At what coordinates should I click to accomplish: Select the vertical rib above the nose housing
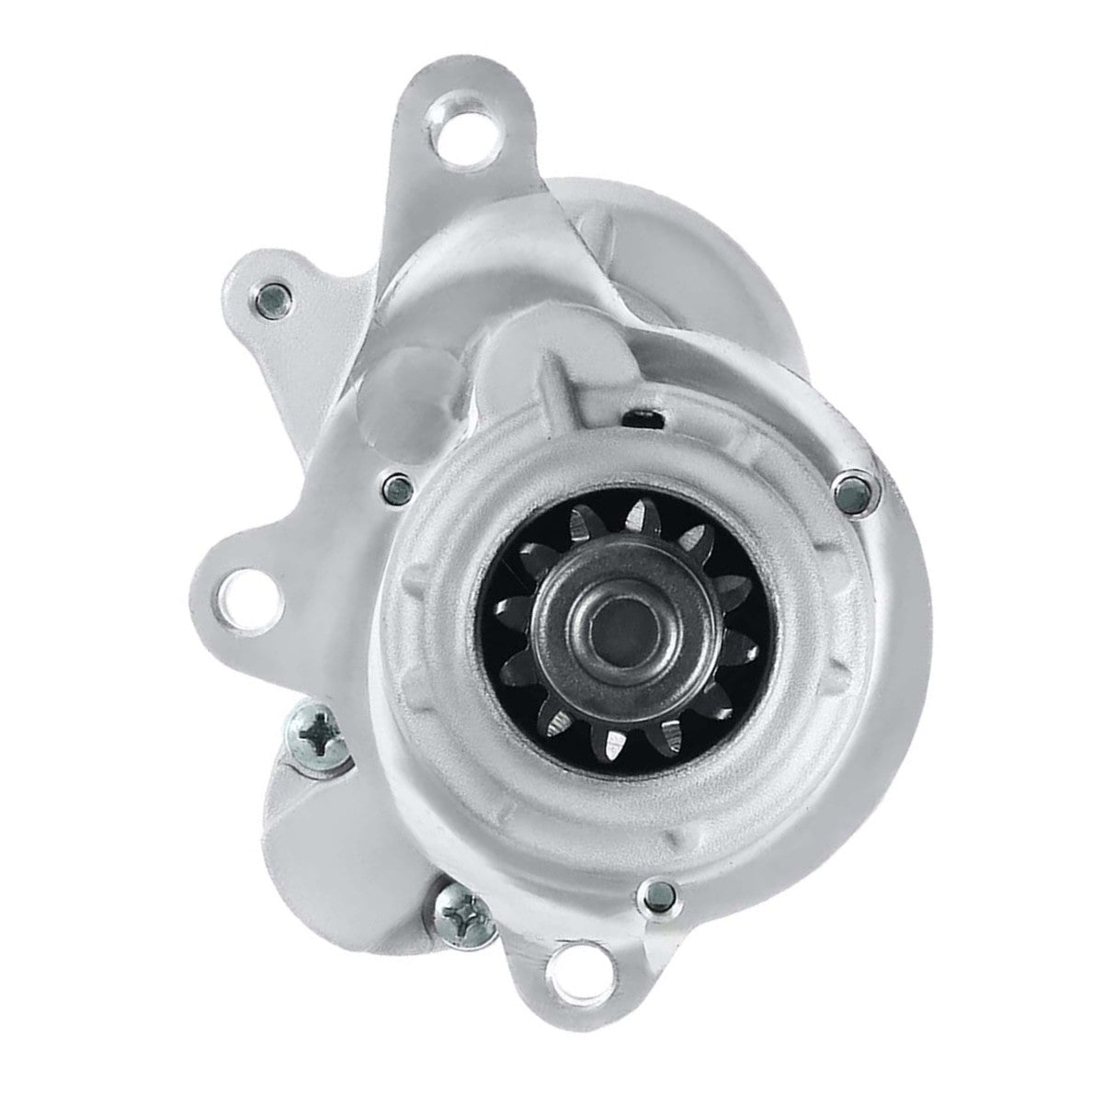[553, 372]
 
